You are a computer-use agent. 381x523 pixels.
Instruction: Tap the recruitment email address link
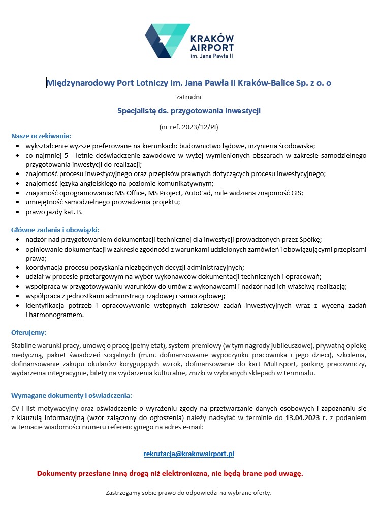coord(188,454)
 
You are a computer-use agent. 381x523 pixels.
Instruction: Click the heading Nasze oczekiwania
coord(41,136)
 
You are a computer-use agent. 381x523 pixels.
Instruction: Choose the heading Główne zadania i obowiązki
coord(55,230)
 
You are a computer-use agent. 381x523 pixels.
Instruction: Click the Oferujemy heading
coord(29,333)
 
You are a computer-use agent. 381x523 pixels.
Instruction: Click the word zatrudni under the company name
coord(188,96)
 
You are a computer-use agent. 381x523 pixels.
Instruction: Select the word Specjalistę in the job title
coord(138,110)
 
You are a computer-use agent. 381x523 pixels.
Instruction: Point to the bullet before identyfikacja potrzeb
coord(19,306)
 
